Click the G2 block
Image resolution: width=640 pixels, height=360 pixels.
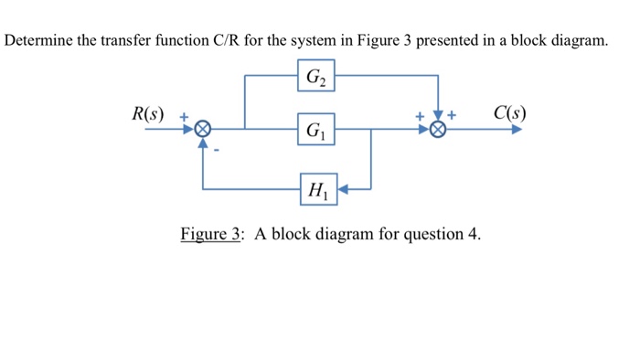[315, 75]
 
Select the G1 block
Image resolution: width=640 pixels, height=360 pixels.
[315, 130]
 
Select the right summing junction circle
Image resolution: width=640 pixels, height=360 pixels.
[440, 130]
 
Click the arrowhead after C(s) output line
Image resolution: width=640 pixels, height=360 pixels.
[517, 130]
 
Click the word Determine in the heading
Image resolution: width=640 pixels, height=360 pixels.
[41, 42]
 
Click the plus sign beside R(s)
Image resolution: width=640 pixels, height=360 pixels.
[183, 117]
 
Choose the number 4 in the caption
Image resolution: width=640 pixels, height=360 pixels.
[473, 234]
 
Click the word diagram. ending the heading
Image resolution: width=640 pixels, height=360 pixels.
[577, 42]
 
